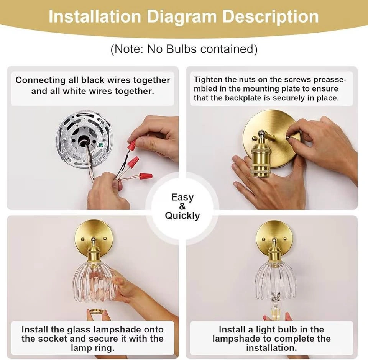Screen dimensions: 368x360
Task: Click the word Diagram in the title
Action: coord(182,17)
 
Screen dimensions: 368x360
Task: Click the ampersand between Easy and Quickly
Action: coord(182,206)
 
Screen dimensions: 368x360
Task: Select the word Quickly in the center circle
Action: coord(182,216)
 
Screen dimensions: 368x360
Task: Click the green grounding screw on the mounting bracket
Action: coord(101,146)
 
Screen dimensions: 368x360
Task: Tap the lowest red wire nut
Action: coord(146,176)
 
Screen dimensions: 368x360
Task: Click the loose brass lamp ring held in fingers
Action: coord(96,312)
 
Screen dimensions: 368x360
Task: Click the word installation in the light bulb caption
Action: coord(271,348)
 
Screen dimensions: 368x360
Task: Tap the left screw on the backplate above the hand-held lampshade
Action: coord(82,239)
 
